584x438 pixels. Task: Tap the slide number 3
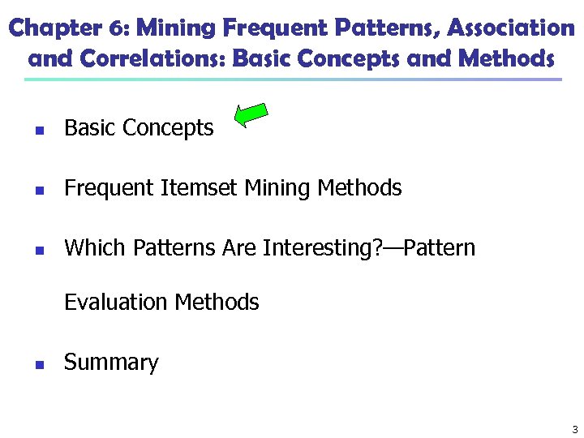tap(574, 429)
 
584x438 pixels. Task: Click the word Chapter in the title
tap(51, 28)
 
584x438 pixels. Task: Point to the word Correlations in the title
tap(140, 59)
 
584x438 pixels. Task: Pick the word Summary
tap(111, 363)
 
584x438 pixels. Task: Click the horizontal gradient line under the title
tap(292, 79)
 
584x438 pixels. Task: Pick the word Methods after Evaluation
tap(217, 303)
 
